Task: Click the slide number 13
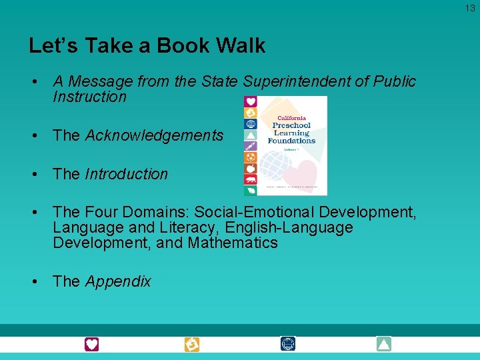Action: (x=471, y=8)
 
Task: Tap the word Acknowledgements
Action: (x=155, y=135)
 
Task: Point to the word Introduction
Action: (x=127, y=174)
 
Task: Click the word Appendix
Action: (x=118, y=281)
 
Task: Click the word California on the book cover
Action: (x=292, y=116)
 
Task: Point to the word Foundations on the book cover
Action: (x=292, y=141)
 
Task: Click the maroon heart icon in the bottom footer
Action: (x=91, y=344)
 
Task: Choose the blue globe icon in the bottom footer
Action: (x=288, y=344)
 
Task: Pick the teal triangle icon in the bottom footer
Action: (x=383, y=344)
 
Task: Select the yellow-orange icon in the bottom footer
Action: (x=192, y=344)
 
